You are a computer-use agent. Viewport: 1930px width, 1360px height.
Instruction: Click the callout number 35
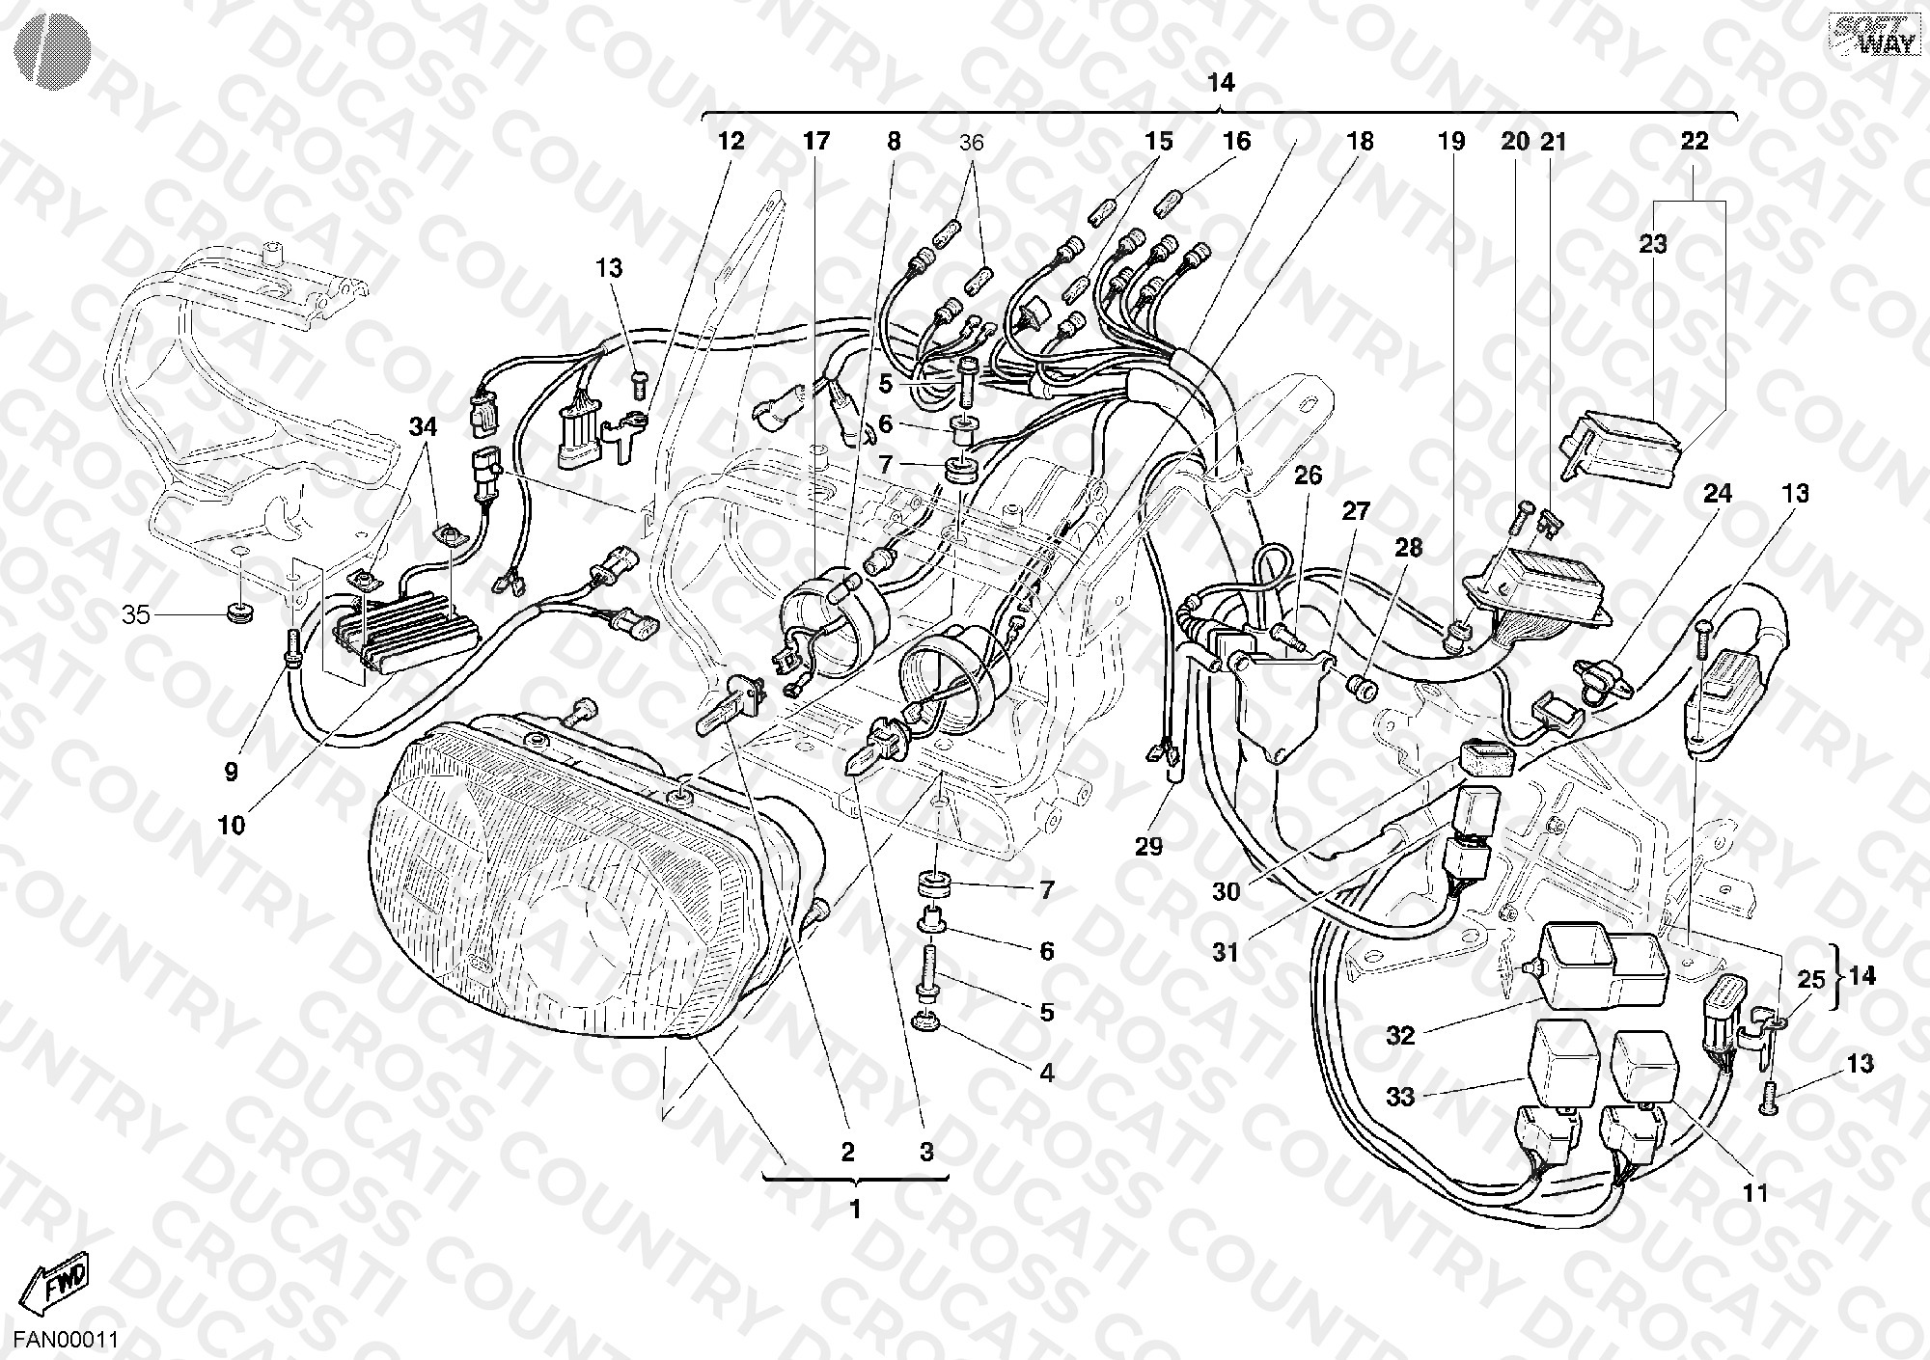(136, 614)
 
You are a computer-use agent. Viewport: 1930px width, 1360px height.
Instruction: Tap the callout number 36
(971, 143)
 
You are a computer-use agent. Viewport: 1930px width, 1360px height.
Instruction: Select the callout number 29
(1149, 847)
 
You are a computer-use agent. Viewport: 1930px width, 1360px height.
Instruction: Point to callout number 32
(1400, 1036)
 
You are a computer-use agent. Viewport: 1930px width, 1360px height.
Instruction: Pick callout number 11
(1756, 1193)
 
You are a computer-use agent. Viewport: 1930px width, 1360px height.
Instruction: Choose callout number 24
(1718, 494)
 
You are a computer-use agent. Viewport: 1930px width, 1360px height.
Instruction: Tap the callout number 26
(1308, 476)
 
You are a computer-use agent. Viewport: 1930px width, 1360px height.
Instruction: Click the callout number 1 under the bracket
(855, 1209)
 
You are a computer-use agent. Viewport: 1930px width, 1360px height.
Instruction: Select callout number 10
(232, 825)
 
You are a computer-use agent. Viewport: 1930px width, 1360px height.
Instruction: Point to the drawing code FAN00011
(60, 1340)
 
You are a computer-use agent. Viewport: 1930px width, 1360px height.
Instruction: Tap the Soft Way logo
(1860, 35)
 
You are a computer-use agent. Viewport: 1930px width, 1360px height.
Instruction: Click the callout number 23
(1653, 244)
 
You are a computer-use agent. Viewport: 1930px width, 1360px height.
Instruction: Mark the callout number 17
(815, 142)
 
